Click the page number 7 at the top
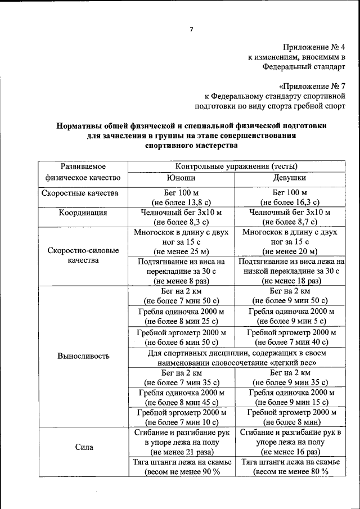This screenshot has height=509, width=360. pos(191,29)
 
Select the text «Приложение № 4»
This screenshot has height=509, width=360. pos(314,47)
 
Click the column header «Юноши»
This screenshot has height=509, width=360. pos(181,177)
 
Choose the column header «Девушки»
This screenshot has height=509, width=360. pos(289,177)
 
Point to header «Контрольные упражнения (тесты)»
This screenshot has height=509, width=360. pos(236,166)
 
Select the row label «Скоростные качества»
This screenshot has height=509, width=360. pos(80,193)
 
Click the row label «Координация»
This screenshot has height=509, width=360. pos(83,213)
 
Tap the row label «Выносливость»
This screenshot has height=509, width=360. pos(84,356)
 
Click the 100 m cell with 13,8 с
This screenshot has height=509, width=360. pos(181,197)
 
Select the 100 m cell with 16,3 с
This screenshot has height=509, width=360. pos(289,197)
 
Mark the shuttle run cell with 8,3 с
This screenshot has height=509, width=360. pos(181,217)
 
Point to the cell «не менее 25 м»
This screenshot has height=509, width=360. pos(181,241)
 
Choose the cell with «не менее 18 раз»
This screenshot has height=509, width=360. pos(289,271)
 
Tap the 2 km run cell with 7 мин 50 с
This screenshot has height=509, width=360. pos(181,296)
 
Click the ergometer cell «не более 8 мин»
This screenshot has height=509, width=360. pos(289,417)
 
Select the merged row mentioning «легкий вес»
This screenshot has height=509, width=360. pos(236,357)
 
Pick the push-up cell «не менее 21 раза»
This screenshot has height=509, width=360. pos(181,442)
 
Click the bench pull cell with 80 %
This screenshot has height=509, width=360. pos(289,467)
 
